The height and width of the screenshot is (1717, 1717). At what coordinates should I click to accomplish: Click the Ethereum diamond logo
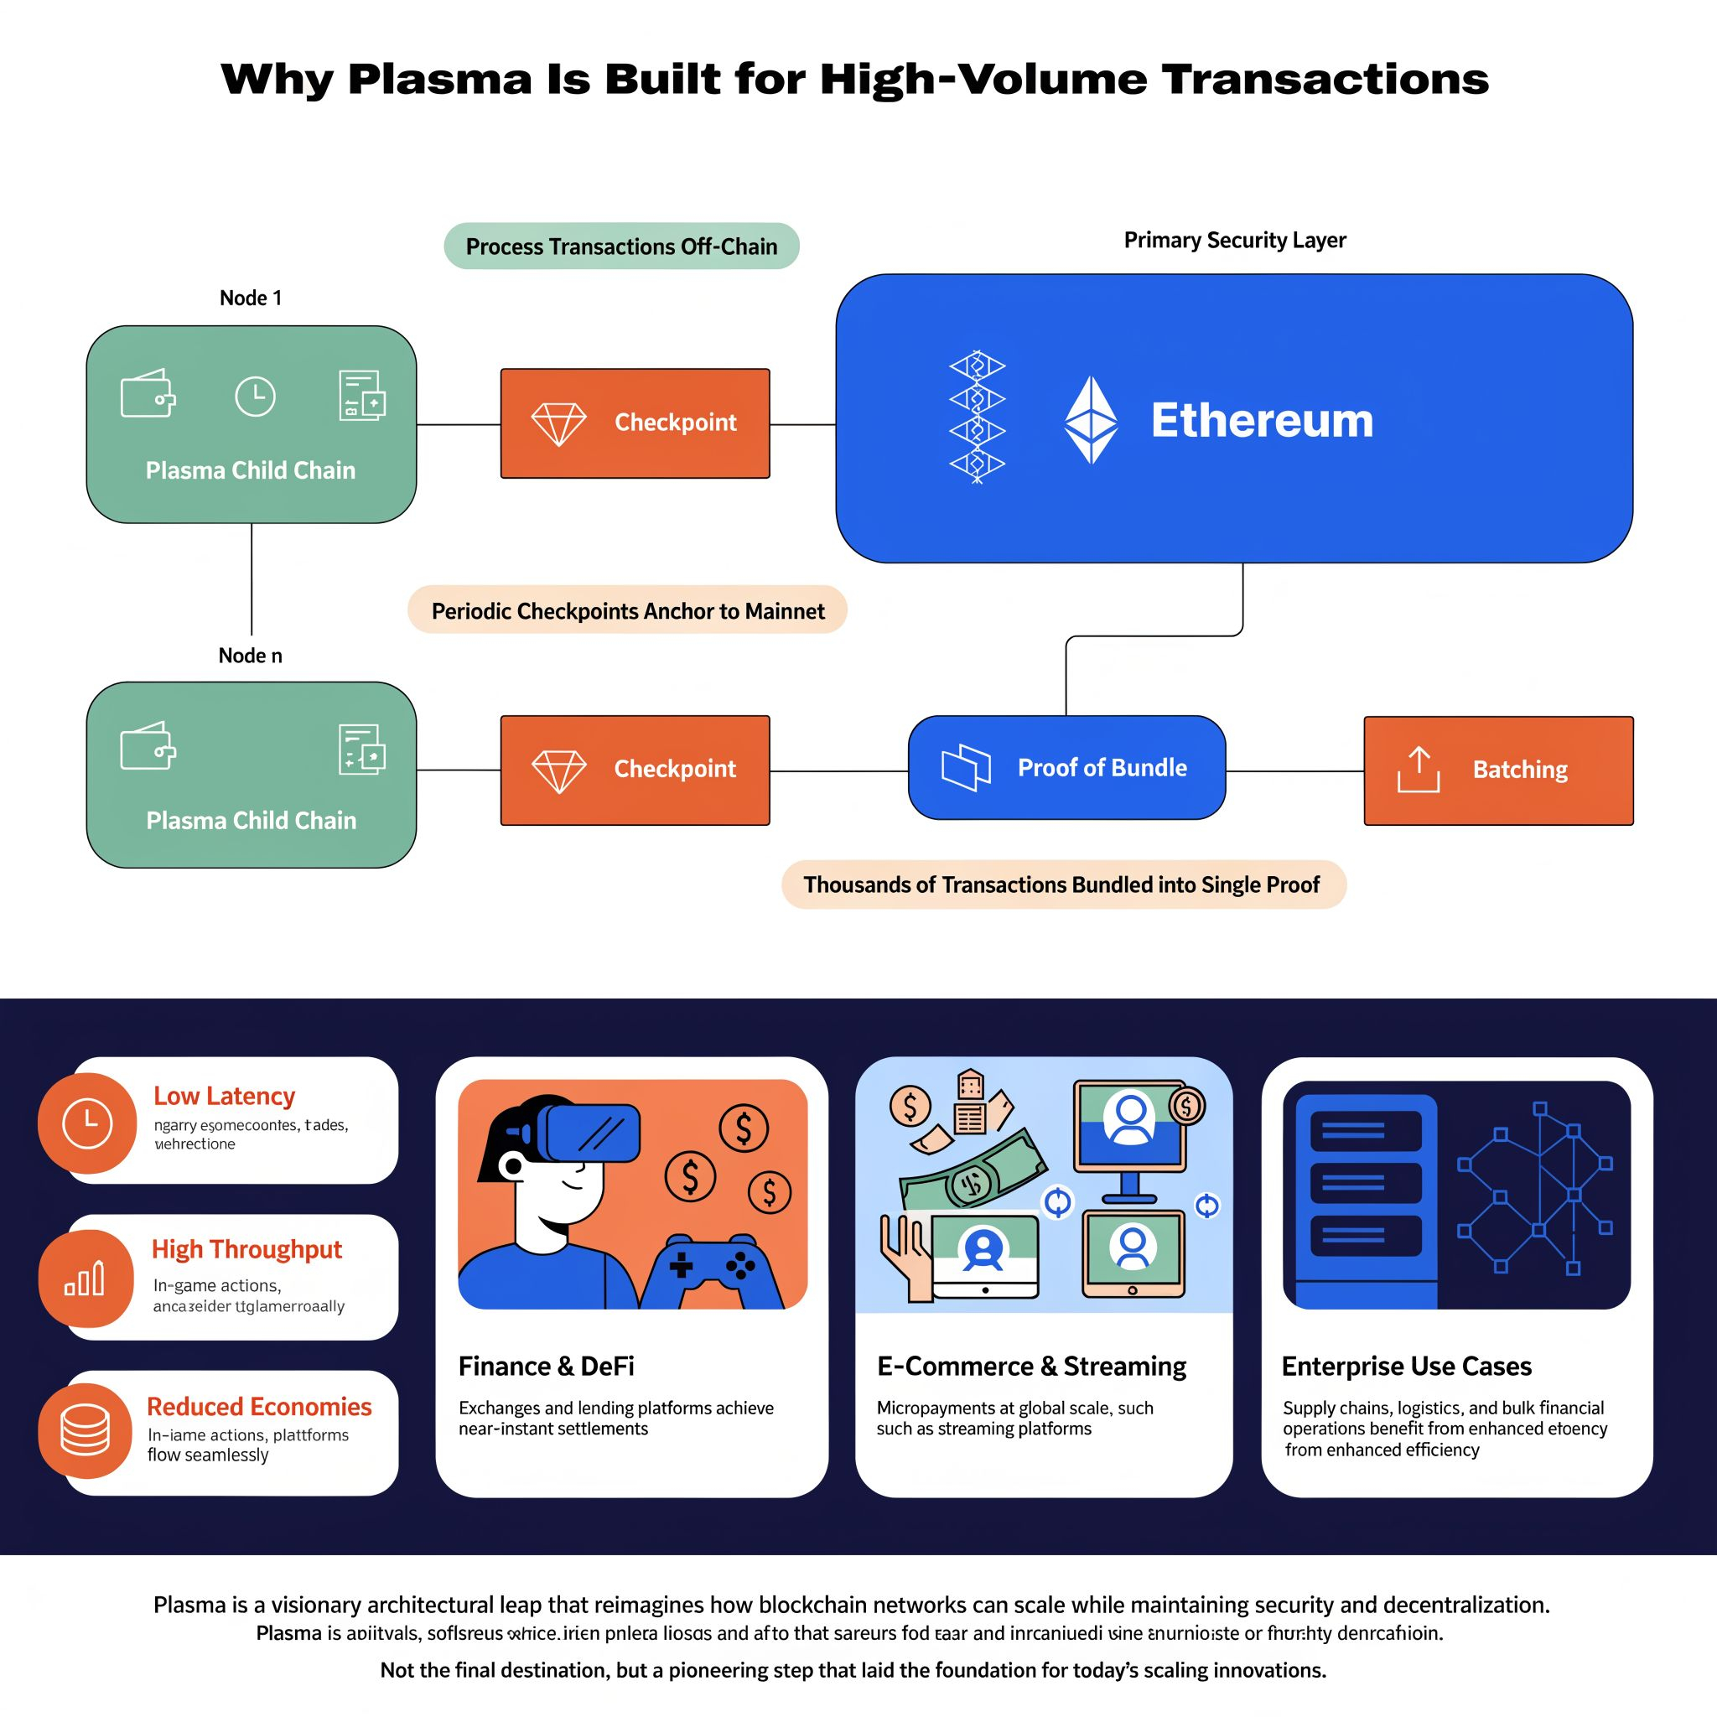pos(1091,419)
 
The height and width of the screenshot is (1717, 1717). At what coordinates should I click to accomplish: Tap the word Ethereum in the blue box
pos(1261,420)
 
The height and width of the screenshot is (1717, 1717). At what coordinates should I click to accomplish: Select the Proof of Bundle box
pos(1066,768)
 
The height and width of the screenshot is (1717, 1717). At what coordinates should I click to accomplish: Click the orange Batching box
pos(1498,770)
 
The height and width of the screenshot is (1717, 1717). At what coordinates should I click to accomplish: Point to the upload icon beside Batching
pos(1419,770)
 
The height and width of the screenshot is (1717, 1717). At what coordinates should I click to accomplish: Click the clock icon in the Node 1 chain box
pos(255,397)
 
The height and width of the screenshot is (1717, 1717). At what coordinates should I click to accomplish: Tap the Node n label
pos(251,656)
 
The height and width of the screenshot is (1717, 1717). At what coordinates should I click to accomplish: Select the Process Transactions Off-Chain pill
pos(621,246)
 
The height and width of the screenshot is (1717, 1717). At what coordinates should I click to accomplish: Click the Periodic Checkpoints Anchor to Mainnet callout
pos(627,610)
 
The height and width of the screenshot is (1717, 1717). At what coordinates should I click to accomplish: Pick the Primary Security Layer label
pos(1234,240)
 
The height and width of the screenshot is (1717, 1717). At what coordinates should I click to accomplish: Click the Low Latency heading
pos(224,1096)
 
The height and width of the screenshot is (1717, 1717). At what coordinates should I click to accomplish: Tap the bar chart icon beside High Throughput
pos(86,1279)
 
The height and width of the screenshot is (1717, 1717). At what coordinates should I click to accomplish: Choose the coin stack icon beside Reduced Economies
pos(86,1431)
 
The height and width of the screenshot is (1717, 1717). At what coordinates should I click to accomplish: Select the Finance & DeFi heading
pos(547,1366)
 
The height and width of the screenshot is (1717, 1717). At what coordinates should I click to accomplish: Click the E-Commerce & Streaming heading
pos(1031,1366)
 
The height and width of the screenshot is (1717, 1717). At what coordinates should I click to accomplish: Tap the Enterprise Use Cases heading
pos(1406,1366)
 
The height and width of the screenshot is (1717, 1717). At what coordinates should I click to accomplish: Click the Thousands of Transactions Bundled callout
pos(1063,884)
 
